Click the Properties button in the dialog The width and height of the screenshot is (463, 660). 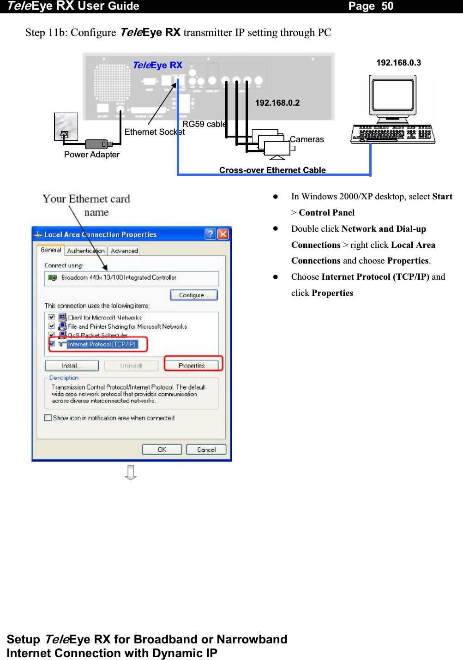tap(192, 366)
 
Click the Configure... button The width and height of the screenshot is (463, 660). tap(193, 295)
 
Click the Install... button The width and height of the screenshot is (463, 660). tap(72, 366)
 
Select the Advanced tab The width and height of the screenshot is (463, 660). tap(124, 251)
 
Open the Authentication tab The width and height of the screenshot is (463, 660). tap(86, 251)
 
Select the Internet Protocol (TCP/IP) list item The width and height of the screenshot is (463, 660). tap(102, 344)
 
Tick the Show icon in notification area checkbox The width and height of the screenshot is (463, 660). tap(48, 418)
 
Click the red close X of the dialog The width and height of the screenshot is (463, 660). tap(223, 234)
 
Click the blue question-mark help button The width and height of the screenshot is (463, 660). tap(210, 234)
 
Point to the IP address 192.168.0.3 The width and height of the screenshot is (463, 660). tap(398, 63)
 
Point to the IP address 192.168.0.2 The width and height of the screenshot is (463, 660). tap(277, 103)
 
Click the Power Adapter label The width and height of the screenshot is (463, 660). tap(91, 155)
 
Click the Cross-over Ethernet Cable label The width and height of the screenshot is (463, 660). tap(272, 170)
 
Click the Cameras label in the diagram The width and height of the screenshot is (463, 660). tap(307, 139)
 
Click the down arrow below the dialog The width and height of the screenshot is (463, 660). tap(131, 472)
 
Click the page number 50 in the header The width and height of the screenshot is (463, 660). tap(387, 6)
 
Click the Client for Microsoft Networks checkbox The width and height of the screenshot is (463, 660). tap(52, 317)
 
